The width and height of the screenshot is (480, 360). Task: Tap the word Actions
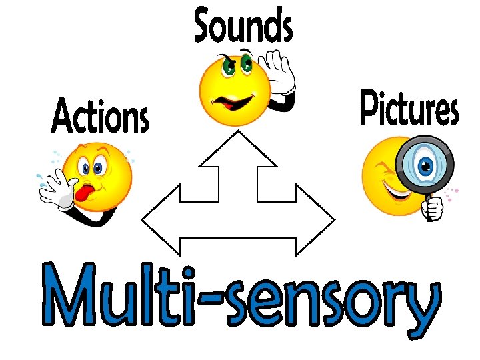(100, 116)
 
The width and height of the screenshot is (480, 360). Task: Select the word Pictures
(409, 109)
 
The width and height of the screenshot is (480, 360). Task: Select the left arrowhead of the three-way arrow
(161, 219)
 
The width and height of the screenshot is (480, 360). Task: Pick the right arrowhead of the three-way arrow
(317, 219)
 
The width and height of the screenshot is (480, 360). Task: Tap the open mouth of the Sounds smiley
(231, 103)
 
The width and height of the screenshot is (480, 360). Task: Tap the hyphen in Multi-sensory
(213, 298)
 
